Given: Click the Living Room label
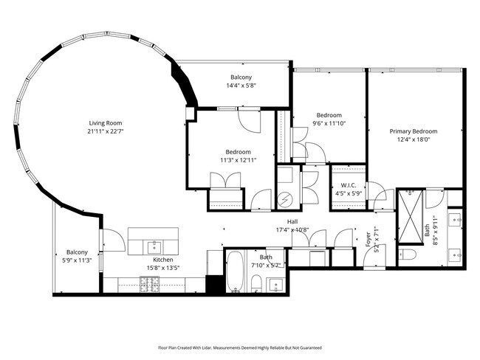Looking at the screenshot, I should tap(106, 123).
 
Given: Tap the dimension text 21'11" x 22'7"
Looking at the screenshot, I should tap(106, 131).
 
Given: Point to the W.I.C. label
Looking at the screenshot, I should tap(349, 186).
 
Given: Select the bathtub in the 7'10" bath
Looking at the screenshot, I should tap(236, 273).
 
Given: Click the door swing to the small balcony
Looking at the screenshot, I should tap(111, 240).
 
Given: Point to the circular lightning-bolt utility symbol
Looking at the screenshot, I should tap(285, 199).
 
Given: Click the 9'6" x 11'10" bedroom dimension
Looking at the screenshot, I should tap(329, 123).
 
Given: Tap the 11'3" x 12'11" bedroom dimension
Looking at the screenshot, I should tap(238, 160).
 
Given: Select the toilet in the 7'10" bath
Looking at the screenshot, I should tap(255, 283).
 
